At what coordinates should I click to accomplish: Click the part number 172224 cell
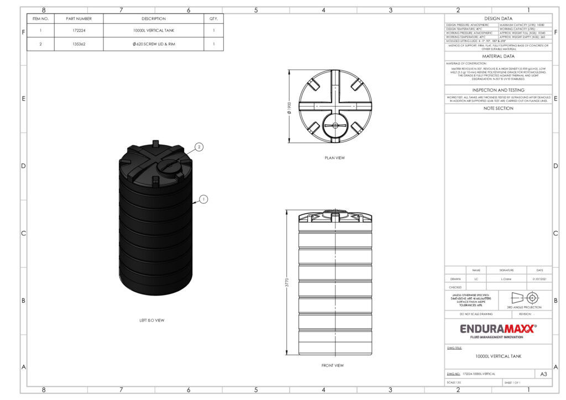(x=78, y=31)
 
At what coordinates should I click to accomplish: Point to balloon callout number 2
(x=200, y=147)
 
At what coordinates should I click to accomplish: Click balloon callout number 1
(x=203, y=199)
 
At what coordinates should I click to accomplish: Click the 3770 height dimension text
(x=286, y=282)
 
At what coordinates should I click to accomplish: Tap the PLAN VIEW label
(x=334, y=158)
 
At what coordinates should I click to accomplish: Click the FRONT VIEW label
(x=332, y=366)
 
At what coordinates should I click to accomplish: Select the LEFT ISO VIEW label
(x=152, y=320)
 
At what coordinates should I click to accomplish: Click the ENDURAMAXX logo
(x=498, y=330)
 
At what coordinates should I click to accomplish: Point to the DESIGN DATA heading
(x=498, y=19)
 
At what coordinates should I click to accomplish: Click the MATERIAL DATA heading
(x=498, y=56)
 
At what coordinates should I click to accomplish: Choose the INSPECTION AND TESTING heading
(x=498, y=90)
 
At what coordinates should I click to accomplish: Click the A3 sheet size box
(x=543, y=374)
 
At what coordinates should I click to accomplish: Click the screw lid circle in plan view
(x=335, y=125)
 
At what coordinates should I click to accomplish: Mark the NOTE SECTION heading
(x=498, y=108)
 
